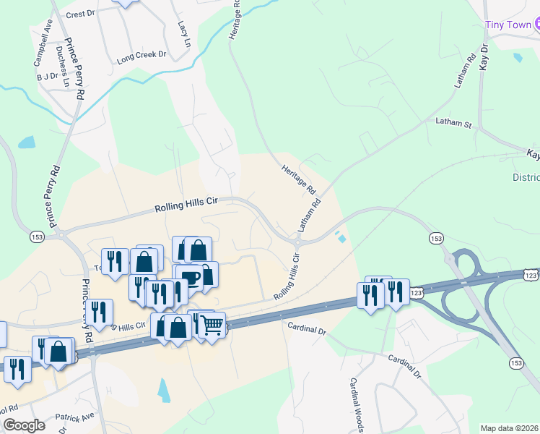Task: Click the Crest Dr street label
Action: [80, 14]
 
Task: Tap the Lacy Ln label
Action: [183, 32]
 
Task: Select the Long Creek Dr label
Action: [141, 54]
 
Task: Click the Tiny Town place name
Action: [508, 25]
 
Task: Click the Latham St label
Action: [453, 124]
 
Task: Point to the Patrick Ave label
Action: [76, 417]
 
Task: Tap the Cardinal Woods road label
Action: [356, 405]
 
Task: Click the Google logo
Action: [23, 425]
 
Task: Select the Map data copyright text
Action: [510, 428]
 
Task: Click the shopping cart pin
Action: [211, 326]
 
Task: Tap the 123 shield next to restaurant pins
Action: [417, 292]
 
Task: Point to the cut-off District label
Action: [526, 177]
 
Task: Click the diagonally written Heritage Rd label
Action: [298, 178]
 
